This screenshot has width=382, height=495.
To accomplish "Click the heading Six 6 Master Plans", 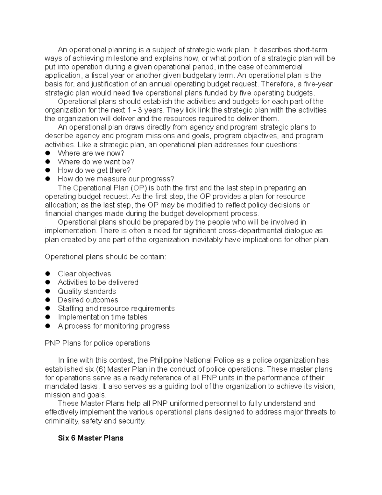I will pos(90,438).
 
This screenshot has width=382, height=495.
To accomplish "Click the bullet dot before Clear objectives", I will pos(48,274).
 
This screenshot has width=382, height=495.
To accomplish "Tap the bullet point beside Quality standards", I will pos(48,291).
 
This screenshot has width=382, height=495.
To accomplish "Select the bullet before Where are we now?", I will pos(48,153).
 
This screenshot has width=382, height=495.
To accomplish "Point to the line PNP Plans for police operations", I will pos(97,343).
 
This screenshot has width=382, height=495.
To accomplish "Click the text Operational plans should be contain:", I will pos(105,257).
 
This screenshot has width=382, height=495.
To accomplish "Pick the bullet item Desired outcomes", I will pos(88,300).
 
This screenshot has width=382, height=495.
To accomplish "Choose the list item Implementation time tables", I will pos(103,317).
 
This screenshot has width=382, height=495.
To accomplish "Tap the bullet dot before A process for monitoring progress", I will pos(48,326).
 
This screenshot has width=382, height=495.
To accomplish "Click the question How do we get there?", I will pos(94,170).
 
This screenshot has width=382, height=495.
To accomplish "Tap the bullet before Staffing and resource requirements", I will pos(48,309).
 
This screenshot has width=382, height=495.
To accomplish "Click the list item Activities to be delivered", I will pos(98,282).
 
